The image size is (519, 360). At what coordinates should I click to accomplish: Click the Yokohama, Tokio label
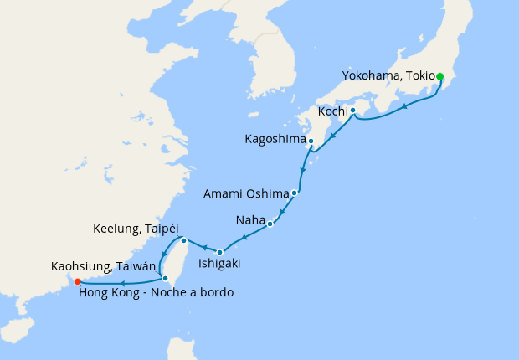(388, 76)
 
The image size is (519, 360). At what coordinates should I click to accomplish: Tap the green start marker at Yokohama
(440, 76)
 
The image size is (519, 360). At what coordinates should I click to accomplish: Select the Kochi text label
(333, 111)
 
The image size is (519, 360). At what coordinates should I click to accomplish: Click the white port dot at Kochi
(353, 111)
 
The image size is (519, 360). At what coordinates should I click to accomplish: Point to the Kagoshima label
(275, 139)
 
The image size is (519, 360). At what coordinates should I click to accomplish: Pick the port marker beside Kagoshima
(311, 141)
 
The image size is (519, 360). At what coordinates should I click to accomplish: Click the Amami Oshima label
(246, 193)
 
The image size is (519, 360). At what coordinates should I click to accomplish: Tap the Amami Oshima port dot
(295, 193)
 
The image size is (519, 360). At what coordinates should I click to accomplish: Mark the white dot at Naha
(270, 224)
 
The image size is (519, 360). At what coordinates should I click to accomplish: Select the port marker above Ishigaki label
(219, 252)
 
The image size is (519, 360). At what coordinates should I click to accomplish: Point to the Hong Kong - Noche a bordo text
(155, 292)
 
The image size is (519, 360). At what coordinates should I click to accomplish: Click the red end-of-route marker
(77, 281)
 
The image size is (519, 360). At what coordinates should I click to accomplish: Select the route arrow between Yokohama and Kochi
(406, 106)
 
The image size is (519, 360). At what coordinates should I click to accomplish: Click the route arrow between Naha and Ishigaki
(244, 238)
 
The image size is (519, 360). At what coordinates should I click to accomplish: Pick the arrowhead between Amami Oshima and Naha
(283, 210)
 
